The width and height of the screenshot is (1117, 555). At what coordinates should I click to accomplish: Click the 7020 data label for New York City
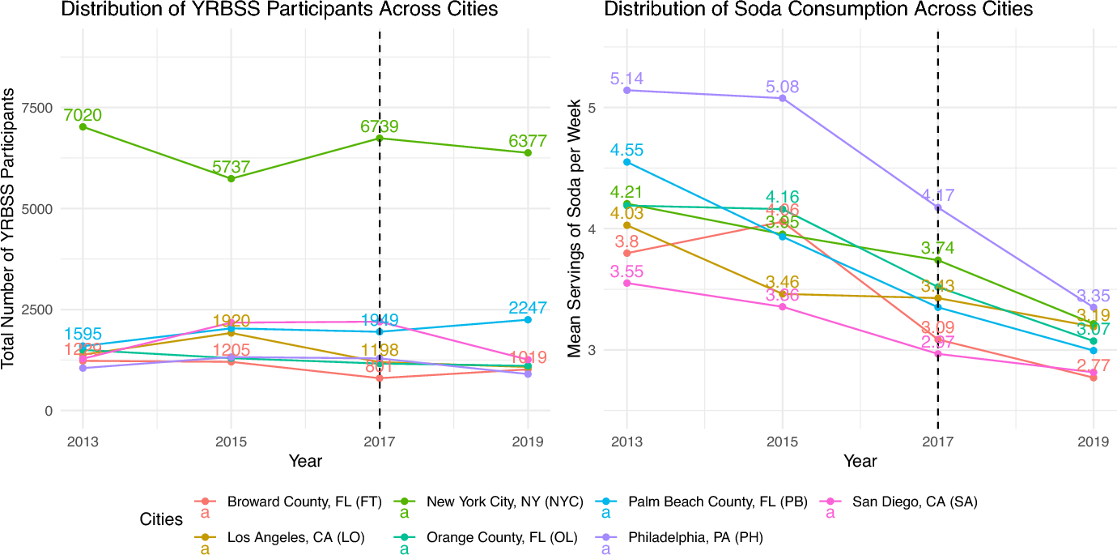pos(83,115)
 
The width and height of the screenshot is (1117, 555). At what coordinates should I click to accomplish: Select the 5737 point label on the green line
pos(231,167)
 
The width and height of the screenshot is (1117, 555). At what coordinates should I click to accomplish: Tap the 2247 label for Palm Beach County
pos(528,308)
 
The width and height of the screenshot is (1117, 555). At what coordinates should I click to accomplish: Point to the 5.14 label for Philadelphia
pos(626,79)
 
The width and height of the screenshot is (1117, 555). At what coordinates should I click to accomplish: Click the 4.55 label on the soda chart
pos(626,150)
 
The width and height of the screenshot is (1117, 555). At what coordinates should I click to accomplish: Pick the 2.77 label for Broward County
pos(1094,365)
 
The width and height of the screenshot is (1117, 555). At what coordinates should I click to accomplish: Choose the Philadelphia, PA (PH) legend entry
pos(695,536)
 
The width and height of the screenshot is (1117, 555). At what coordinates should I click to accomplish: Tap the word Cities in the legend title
pos(161,519)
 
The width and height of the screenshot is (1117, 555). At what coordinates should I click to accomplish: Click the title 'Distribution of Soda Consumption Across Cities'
pos(818,10)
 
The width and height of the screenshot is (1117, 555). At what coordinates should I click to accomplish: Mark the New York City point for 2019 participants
pos(528,152)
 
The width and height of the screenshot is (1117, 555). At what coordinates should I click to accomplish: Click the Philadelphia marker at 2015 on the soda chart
pos(782,98)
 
